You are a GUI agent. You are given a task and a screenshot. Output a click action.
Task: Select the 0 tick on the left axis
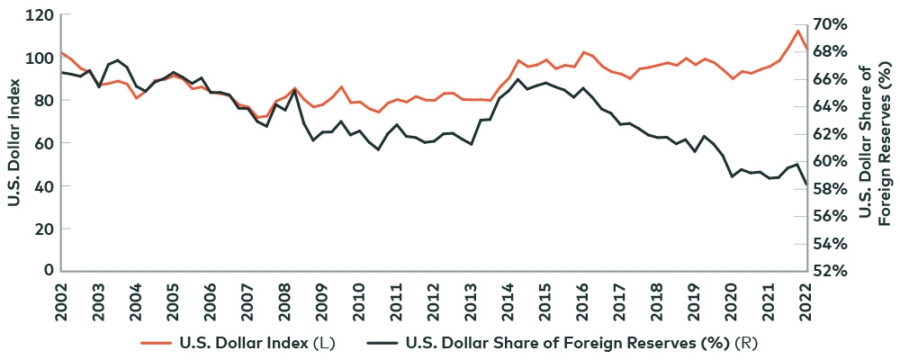(48, 271)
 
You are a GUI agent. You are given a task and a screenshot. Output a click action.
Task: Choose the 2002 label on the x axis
(61, 299)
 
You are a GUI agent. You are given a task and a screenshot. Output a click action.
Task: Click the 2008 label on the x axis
(284, 299)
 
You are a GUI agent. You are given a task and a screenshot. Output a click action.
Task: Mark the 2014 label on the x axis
(508, 299)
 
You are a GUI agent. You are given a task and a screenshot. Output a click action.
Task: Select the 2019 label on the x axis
(694, 299)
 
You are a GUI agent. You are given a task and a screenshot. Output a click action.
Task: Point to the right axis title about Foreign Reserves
(873, 144)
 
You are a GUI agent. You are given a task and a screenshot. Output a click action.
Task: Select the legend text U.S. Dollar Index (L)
(255, 342)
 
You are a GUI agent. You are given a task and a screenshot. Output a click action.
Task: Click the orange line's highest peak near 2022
(797, 31)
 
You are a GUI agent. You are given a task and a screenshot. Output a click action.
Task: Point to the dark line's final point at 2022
(806, 184)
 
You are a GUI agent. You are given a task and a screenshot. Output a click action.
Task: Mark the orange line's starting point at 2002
(61, 53)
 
